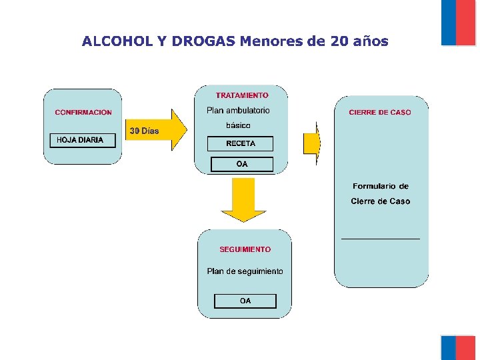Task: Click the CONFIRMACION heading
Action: click(x=83, y=113)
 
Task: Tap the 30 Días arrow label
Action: click(x=144, y=131)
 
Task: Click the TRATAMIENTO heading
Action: click(x=242, y=95)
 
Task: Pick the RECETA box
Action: click(x=241, y=143)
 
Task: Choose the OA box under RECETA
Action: click(x=241, y=164)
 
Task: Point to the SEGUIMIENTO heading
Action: click(x=245, y=249)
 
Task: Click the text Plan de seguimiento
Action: click(x=245, y=271)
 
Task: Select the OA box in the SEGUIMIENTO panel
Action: click(x=245, y=301)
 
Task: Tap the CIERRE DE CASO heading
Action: click(x=380, y=113)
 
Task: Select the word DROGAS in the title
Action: click(x=203, y=41)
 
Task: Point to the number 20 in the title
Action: click(x=338, y=41)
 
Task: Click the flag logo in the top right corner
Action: click(x=459, y=22)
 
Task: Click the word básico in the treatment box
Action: click(x=238, y=125)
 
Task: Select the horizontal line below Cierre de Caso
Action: click(x=381, y=238)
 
